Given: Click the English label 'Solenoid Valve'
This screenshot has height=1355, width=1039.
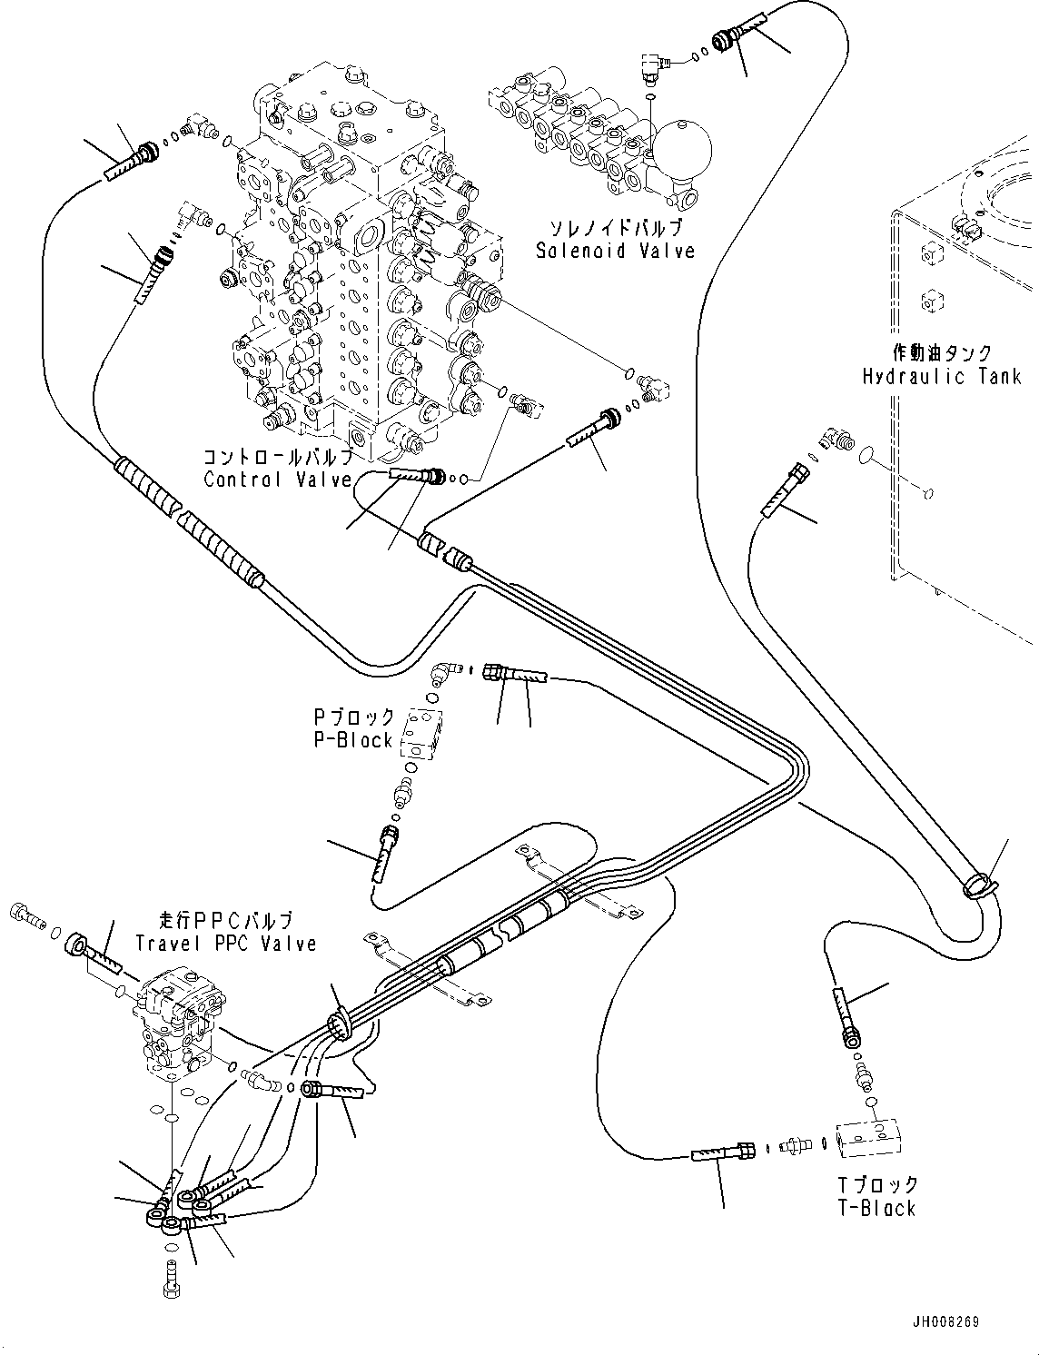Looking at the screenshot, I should coord(615,251).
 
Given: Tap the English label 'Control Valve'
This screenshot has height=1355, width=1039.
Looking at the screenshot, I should coord(277,480).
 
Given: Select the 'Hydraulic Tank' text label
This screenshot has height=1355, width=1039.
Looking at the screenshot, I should coord(942,376).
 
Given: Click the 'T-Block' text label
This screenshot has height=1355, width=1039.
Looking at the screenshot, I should coord(877,1208).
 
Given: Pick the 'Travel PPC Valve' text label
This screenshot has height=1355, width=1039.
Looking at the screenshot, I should coord(226,944).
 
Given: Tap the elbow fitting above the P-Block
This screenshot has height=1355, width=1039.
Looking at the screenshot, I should coord(444,672).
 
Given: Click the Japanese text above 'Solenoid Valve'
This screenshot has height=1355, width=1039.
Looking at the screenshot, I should coord(615,227).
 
